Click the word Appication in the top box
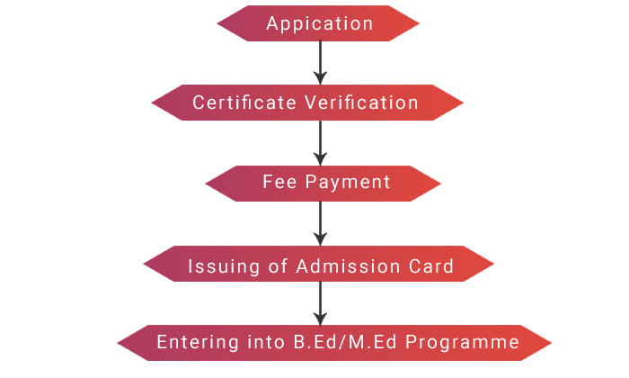coord(319,24)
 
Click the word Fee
coord(279,182)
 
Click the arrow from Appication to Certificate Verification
coord(319,61)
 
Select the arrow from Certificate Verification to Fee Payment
coord(319,141)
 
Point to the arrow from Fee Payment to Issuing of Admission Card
coord(319,222)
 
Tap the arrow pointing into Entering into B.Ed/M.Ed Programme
coord(319,302)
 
